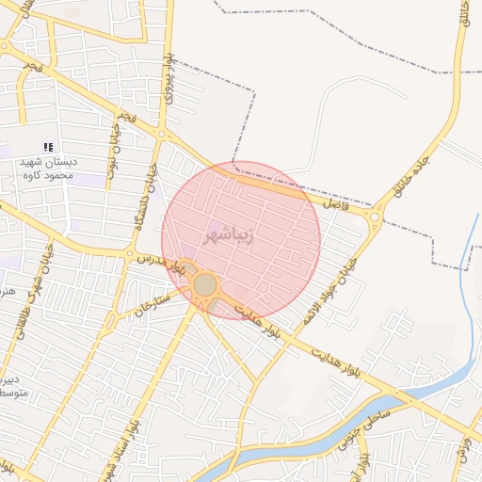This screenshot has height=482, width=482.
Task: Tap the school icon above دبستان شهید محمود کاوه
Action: click(x=48, y=147)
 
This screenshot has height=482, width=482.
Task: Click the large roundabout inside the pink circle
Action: click(x=205, y=284)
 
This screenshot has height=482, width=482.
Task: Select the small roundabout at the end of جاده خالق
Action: click(x=376, y=219)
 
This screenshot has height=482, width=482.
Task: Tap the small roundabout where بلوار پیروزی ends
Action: click(x=162, y=135)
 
